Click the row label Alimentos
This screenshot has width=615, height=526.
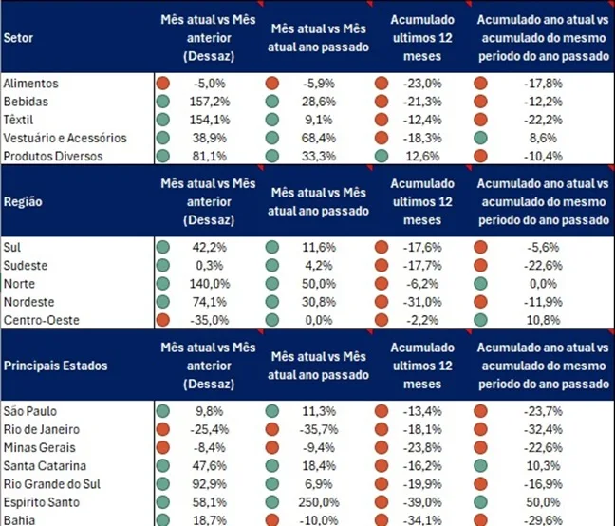31,84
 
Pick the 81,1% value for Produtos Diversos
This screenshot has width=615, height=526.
214,156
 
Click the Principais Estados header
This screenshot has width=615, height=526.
56,366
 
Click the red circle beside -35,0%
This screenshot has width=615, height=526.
163,319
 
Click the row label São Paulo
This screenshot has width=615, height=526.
30,410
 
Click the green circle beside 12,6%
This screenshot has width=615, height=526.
382,156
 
